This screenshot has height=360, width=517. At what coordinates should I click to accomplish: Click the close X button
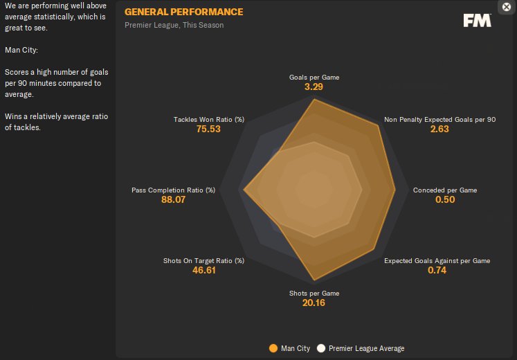[x=506, y=6]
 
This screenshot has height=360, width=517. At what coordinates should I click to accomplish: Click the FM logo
[x=478, y=20]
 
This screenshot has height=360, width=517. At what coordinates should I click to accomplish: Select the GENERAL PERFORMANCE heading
[x=183, y=12]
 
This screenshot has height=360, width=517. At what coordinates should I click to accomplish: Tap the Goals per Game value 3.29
[x=314, y=88]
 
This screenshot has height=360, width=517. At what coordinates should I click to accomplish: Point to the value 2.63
[x=439, y=129]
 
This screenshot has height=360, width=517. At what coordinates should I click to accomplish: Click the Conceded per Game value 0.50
[x=445, y=200]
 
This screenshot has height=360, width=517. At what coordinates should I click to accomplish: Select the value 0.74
[x=437, y=271]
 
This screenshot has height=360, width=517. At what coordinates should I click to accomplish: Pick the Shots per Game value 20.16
[x=314, y=303]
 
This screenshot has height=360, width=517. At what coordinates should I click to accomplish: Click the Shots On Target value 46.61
[x=203, y=271]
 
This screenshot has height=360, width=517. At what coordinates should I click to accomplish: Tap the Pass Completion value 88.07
[x=173, y=200]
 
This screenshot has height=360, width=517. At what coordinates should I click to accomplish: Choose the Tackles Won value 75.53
[x=208, y=129]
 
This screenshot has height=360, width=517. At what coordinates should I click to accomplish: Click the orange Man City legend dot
[x=273, y=348]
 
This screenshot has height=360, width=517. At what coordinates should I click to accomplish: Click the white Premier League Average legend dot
[x=320, y=348]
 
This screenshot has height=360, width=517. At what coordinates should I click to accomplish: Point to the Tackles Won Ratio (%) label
[x=208, y=119]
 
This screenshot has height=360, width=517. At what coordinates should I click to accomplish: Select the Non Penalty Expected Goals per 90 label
[x=439, y=119]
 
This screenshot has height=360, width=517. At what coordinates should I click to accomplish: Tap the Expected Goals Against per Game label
[x=437, y=261]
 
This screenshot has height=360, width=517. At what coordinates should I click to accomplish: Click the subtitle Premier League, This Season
[x=174, y=26]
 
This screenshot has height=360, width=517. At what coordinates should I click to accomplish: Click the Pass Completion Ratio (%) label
[x=173, y=190]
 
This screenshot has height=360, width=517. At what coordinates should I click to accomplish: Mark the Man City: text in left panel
[x=21, y=50]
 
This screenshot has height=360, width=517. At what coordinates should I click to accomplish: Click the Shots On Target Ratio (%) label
[x=203, y=261]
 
